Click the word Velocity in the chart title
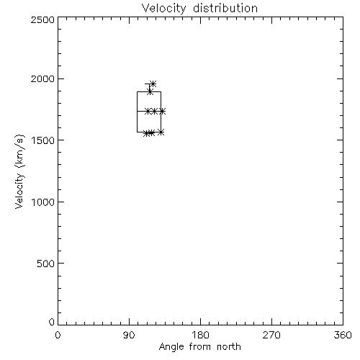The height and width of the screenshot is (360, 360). point(164,9)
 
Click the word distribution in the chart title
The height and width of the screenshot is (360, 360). point(225,8)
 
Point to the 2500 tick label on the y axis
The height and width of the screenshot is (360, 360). point(42,19)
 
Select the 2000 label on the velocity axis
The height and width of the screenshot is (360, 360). point(42,78)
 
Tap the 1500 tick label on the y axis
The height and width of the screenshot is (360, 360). point(43,140)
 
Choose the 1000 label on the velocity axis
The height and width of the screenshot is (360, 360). point(43,202)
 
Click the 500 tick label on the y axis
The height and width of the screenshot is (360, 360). point(46,264)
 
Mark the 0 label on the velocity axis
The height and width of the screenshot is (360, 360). point(52,322)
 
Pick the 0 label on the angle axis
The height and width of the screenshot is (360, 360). point(58,335)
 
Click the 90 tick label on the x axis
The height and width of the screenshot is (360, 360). point(129,335)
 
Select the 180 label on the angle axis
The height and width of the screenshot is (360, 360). point(200,335)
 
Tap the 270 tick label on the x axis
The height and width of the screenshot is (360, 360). point(271,335)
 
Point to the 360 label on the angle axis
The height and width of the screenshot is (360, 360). point(343,335)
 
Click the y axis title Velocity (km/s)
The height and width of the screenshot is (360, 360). point(19,171)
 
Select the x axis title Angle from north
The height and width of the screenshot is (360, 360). point(199,347)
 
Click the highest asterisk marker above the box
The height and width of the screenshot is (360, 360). point(153,84)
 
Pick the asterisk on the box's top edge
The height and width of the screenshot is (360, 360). point(150,91)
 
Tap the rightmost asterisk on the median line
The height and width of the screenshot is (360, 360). point(162,111)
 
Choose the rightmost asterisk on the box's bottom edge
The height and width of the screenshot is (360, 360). point(161,132)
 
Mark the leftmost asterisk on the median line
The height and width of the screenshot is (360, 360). point(148,111)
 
